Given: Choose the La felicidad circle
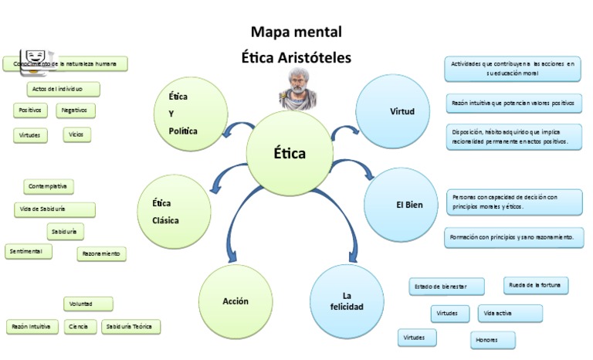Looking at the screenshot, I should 347,301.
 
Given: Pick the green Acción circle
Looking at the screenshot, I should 236,301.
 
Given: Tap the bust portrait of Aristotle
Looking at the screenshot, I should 296,87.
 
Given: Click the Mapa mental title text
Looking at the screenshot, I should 296,32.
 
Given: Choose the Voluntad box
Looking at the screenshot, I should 88,304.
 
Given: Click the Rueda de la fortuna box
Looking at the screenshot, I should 536,286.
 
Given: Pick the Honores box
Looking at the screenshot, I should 493,340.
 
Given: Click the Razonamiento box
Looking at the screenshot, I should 101,253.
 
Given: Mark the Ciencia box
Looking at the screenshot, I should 78,327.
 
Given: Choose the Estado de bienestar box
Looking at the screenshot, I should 446,287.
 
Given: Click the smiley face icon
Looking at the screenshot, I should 34,56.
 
